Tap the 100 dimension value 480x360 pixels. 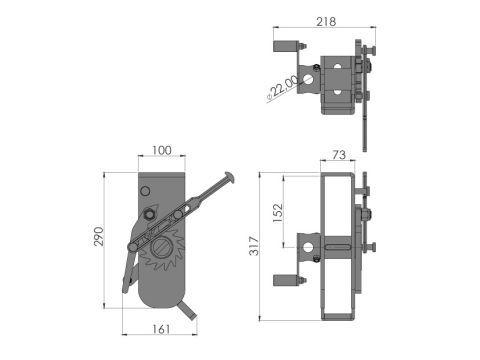click(x=162, y=150)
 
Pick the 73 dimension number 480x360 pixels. click(x=337, y=155)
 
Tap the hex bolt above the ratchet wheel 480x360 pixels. click(x=152, y=214)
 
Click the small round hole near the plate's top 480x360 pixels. click(x=145, y=190)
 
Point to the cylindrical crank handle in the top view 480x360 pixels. click(x=287, y=45)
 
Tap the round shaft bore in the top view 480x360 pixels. click(x=314, y=77)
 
